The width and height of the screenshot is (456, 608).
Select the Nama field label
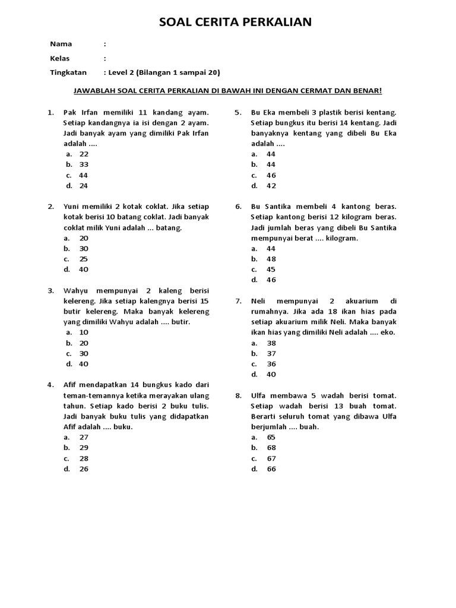coord(61,44)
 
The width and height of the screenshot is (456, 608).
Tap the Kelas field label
coord(61,58)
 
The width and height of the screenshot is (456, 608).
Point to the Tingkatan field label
coord(68,72)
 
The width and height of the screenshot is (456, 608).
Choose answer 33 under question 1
coord(84,164)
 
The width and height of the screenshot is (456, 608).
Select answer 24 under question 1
coord(84,186)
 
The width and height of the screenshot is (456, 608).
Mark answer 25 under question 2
coord(84,259)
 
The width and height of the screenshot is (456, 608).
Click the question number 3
coord(51,291)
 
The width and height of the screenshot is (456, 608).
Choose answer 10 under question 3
coord(84,332)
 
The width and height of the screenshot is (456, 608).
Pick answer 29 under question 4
coord(84,448)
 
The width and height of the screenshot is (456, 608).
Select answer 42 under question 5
coord(271,186)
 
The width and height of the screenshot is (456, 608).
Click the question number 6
coord(238,207)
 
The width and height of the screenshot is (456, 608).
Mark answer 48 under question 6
coord(271,259)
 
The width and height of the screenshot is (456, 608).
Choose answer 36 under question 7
coord(271,364)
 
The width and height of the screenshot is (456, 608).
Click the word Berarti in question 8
coord(264,416)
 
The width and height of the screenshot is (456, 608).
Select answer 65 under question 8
coord(271,437)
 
